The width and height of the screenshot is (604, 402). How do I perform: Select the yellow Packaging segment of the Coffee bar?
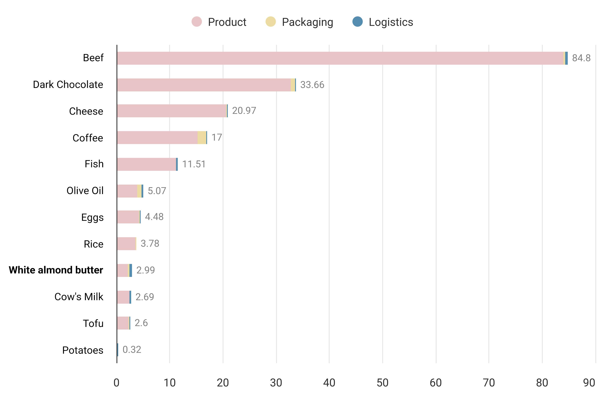click(202, 137)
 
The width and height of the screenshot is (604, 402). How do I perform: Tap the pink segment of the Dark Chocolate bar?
click(204, 85)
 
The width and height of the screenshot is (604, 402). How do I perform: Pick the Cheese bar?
click(172, 111)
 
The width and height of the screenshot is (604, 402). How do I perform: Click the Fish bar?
click(147, 164)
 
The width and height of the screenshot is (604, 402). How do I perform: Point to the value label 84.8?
click(581, 58)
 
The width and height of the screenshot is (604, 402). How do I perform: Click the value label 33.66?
click(312, 85)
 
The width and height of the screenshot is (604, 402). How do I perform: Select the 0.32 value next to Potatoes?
click(132, 349)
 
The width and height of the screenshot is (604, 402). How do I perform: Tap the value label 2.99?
click(145, 270)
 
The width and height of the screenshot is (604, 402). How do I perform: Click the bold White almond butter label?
click(56, 270)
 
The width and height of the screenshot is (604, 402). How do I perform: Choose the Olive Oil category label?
click(85, 191)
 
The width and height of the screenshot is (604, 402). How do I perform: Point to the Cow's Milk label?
click(79, 297)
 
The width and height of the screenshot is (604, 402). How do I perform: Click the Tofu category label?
click(93, 323)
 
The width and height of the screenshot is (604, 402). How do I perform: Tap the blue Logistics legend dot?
click(357, 22)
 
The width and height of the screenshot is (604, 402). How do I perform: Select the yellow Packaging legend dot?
click(270, 22)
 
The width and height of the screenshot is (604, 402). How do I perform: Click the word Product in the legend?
click(227, 22)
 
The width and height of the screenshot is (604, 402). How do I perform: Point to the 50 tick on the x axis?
click(382, 383)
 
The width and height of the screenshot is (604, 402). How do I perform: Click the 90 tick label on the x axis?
click(589, 383)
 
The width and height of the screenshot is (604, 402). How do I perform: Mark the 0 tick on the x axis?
click(116, 383)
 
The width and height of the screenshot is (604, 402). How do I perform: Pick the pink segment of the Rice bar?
click(126, 244)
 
